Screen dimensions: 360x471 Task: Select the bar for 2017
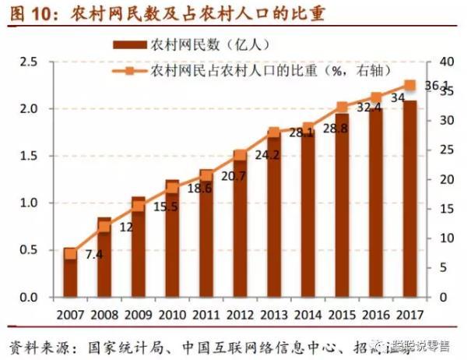coord(409,199)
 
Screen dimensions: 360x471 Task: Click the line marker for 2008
coord(104,227)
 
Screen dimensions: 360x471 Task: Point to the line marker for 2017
coord(409,86)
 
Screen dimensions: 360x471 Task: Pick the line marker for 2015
coord(342,108)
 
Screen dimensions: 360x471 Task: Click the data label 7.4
coord(94,255)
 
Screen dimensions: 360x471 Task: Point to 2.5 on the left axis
coord(29,62)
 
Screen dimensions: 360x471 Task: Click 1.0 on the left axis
coord(29,203)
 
